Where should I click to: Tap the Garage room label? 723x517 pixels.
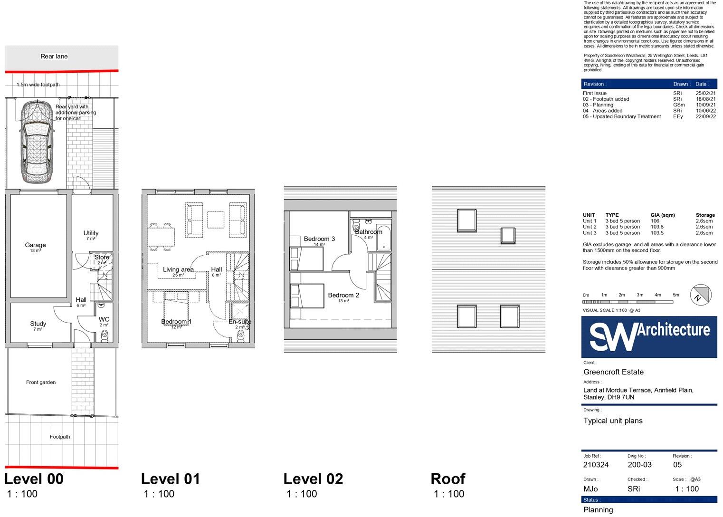tap(35, 245)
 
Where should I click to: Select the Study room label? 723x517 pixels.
tap(38, 324)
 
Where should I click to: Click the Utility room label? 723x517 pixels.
tap(91, 233)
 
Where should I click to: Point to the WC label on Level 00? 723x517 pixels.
tap(104, 319)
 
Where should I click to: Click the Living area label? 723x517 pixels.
tap(178, 269)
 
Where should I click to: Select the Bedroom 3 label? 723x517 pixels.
tap(319, 239)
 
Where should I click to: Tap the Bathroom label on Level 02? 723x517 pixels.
tap(368, 232)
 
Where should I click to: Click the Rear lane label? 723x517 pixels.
tap(54, 56)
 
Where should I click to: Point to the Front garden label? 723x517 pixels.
tap(41, 382)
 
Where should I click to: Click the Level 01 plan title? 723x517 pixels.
tap(171, 479)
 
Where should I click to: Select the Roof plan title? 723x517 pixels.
tap(447, 479)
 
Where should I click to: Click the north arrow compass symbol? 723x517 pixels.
tap(701, 295)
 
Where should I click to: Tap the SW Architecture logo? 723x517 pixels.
tap(649, 336)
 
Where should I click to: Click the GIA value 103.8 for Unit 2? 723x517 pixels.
tap(657, 227)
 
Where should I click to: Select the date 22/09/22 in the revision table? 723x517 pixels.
tap(705, 116)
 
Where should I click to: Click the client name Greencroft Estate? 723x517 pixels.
tap(613, 372)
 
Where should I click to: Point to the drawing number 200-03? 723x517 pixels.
tap(639, 465)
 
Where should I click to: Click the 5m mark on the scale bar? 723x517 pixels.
tap(675, 295)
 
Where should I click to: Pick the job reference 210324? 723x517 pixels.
tap(596, 465)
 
